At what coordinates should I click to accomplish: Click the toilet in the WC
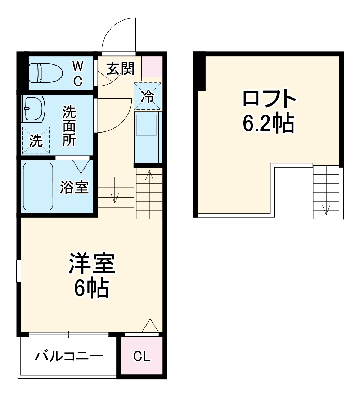45,73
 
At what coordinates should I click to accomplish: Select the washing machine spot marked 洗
36,140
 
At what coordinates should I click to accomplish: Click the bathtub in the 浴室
38,187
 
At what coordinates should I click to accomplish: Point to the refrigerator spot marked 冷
147,96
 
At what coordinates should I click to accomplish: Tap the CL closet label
142,356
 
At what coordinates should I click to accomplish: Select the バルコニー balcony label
69,356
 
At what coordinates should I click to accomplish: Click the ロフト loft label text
269,99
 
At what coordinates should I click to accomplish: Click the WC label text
78,73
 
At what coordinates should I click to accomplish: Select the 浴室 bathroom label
74,187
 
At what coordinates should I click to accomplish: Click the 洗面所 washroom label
69,126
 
